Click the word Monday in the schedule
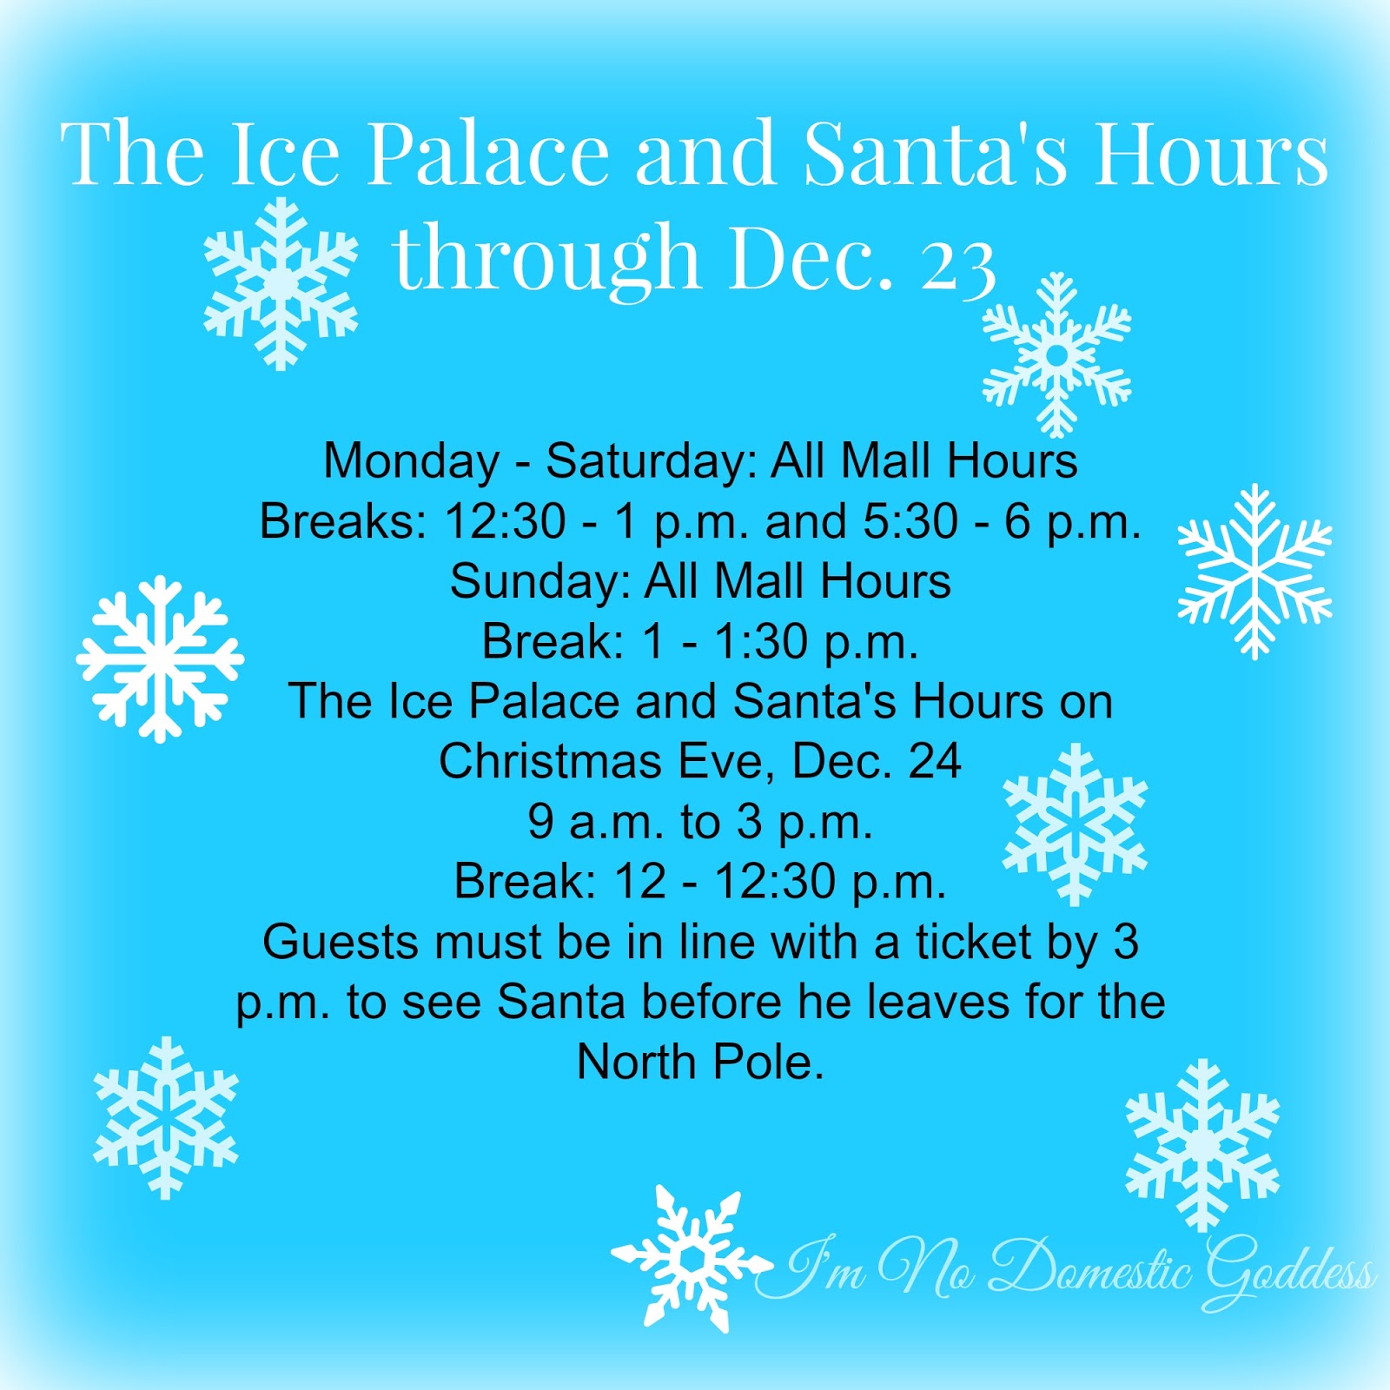coord(411,461)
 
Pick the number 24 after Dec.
coord(935,762)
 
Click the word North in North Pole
coord(637,1062)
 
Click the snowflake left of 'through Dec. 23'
coord(280,283)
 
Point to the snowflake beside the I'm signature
coord(691,1258)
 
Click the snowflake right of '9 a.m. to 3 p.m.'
coord(1076,824)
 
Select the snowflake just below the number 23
coord(1056,354)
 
